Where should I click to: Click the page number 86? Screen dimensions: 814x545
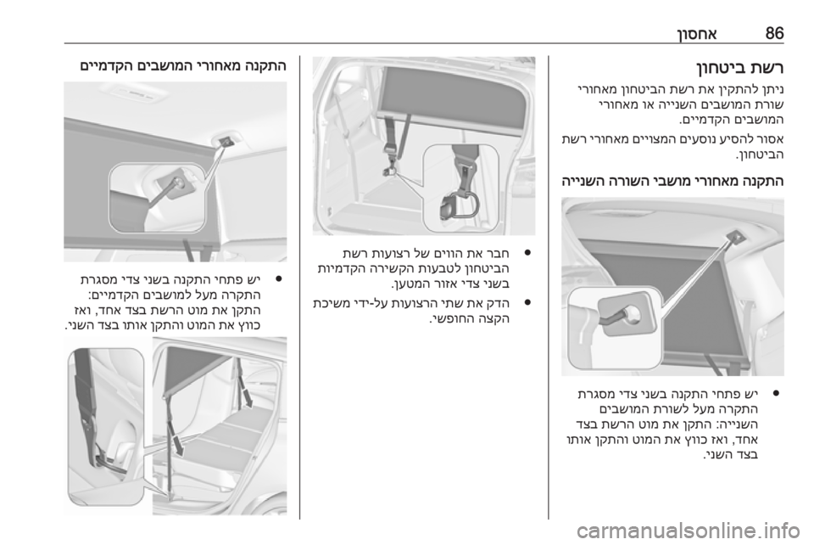pyautogui.click(x=774, y=33)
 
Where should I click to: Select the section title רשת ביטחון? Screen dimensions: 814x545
pyautogui.click(x=739, y=68)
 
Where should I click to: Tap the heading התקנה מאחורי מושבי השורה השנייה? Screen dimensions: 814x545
pyautogui.click(x=672, y=182)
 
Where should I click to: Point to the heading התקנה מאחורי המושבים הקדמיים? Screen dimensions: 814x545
pyautogui.click(x=183, y=66)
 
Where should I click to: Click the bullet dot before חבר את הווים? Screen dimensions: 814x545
pyautogui.click(x=527, y=253)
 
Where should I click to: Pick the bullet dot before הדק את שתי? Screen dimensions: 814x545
pyautogui.click(x=527, y=302)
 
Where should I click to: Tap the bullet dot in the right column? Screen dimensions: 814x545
pyautogui.click(x=776, y=392)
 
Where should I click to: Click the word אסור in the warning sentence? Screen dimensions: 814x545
pyautogui.click(x=772, y=139)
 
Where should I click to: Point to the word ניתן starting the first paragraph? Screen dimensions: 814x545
pyautogui.click(x=773, y=89)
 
